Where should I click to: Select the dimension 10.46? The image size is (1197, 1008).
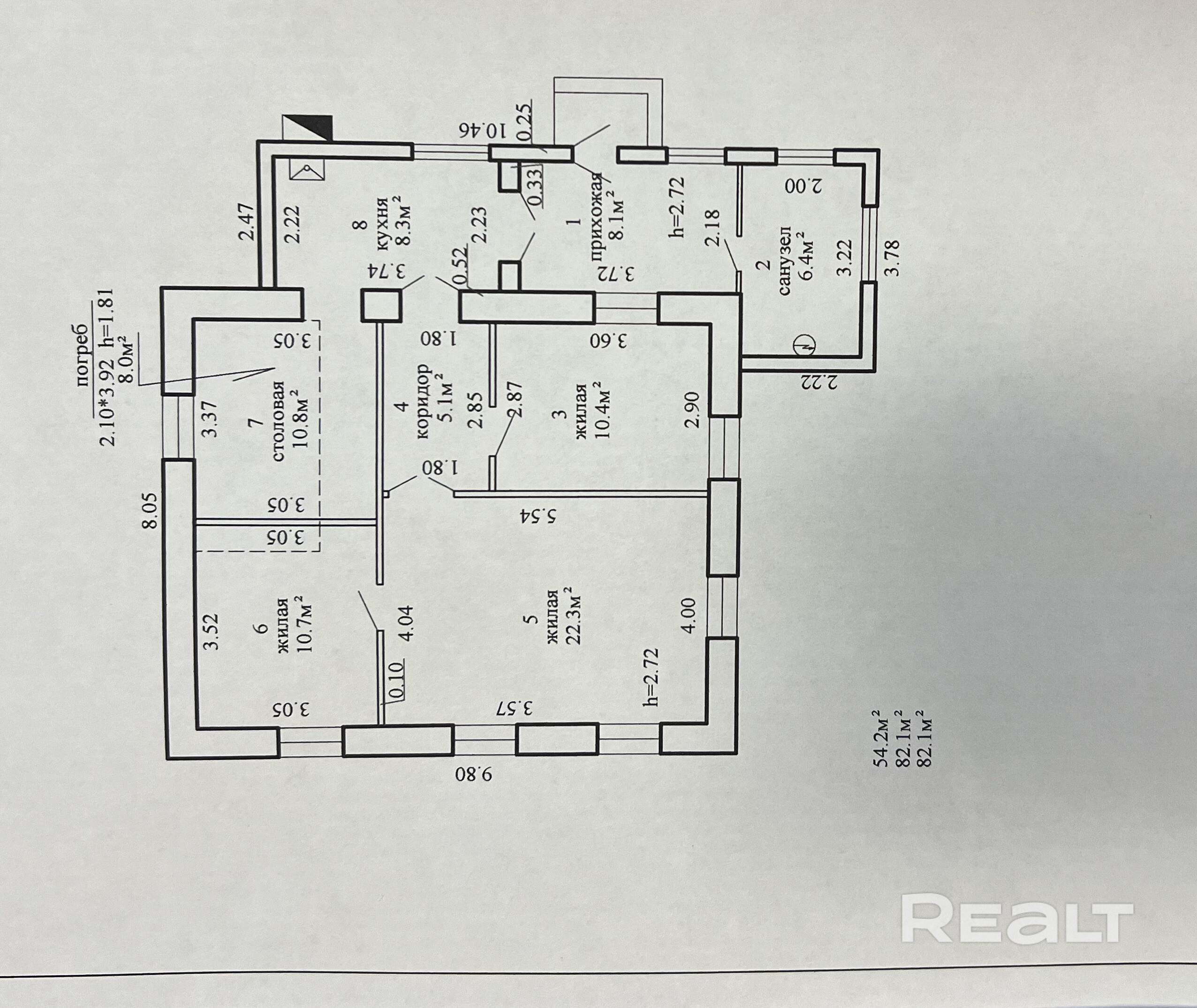(x=483, y=130)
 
